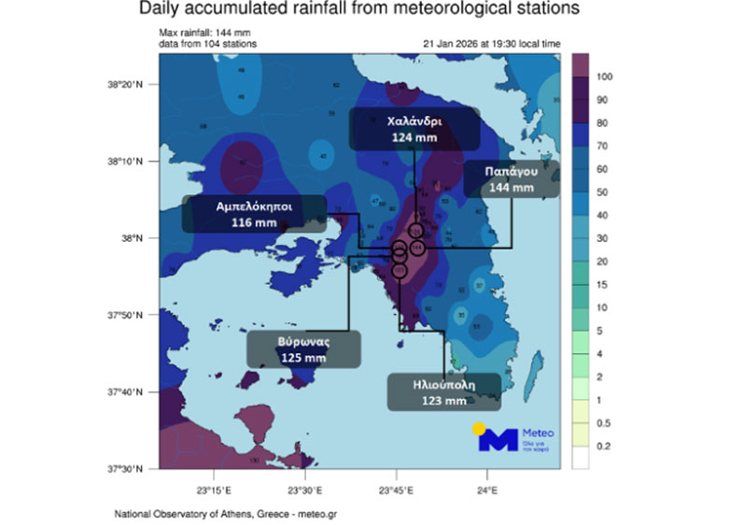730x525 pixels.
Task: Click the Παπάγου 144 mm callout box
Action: [511, 178]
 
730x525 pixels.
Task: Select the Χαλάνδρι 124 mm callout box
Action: [414, 129]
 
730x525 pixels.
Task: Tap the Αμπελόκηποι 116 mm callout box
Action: [254, 214]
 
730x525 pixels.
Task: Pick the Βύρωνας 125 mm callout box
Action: [303, 349]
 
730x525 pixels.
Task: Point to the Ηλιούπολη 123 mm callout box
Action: [444, 391]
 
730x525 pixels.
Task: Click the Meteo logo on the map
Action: [514, 437]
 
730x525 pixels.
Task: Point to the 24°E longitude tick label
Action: [487, 488]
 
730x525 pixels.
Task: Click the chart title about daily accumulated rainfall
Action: [359, 10]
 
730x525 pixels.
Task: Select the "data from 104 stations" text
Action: [208, 44]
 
